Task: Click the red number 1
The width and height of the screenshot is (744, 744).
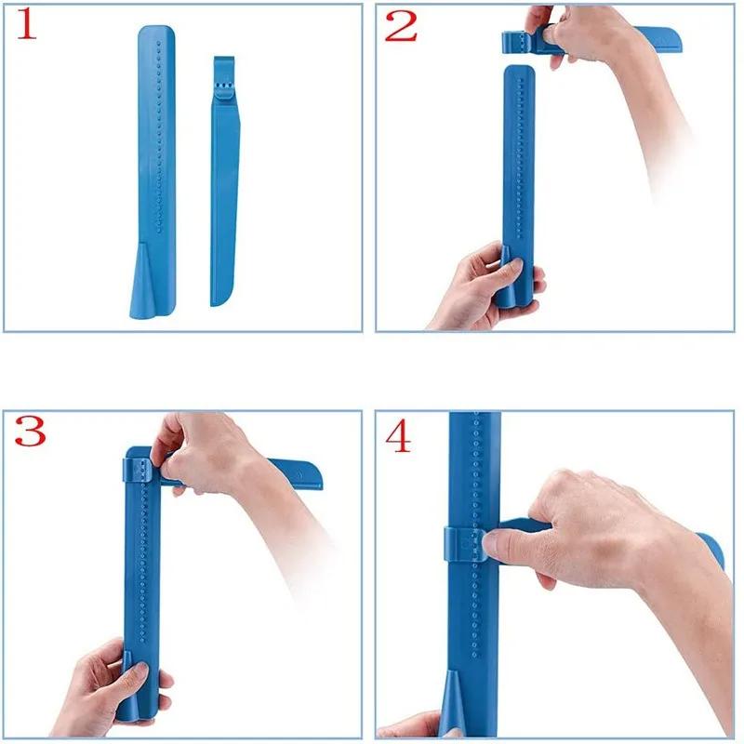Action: coord(28,25)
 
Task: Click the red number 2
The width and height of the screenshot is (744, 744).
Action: coord(401,25)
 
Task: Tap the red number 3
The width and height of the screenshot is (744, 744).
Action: coord(30,431)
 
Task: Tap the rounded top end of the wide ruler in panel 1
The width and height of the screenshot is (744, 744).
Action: coord(155,33)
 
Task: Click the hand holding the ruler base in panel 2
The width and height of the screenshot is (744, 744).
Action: coord(474,284)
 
